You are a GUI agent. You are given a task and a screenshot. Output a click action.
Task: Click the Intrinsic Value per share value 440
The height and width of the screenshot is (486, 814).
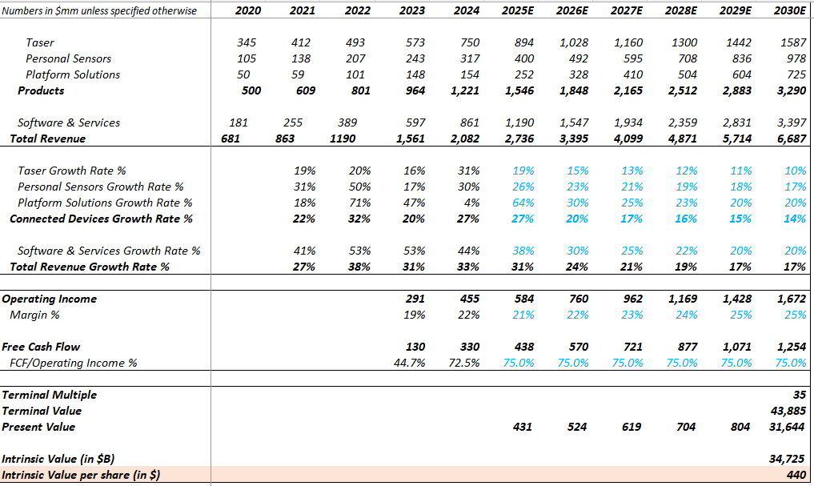[x=796, y=475]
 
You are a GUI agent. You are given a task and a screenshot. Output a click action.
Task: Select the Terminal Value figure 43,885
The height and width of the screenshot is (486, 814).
[x=791, y=411]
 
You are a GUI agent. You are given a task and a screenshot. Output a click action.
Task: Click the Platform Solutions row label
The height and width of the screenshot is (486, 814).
[x=73, y=74]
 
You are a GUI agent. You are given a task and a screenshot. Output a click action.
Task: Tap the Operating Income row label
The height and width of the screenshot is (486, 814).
[x=50, y=299]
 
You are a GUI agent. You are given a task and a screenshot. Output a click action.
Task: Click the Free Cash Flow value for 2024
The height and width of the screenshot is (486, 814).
[x=470, y=347]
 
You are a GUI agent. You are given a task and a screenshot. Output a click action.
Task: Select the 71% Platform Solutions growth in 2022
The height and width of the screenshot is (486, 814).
[x=359, y=203]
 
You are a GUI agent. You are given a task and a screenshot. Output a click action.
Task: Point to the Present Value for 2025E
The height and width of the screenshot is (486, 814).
[x=521, y=427]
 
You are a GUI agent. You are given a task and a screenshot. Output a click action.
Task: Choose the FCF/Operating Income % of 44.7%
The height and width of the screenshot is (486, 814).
[x=410, y=363]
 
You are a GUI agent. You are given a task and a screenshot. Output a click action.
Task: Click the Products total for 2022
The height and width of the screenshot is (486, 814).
[x=360, y=90]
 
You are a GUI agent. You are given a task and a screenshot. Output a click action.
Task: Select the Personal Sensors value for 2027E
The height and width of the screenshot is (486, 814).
[x=632, y=58]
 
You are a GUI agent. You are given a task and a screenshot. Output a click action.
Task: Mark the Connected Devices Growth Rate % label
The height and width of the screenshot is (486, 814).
[x=101, y=219]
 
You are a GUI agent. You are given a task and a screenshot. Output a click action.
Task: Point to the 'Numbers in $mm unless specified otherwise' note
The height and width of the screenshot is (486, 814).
[x=99, y=11]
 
